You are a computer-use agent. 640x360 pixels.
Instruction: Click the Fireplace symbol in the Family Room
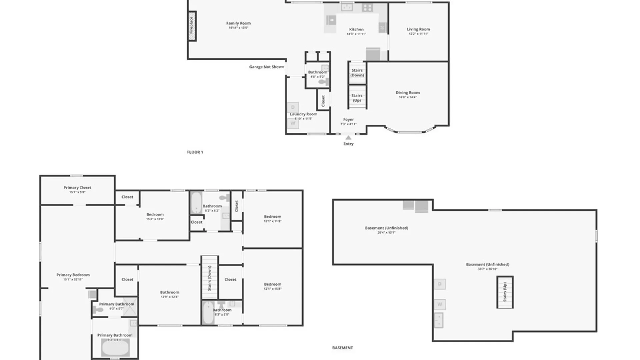click(x=192, y=26)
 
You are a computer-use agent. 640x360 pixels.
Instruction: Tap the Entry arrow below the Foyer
click(x=348, y=138)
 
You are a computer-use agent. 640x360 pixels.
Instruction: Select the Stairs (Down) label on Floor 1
click(x=357, y=73)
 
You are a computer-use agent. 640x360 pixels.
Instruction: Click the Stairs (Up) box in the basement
click(x=505, y=292)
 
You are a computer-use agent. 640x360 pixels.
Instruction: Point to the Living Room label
click(x=418, y=29)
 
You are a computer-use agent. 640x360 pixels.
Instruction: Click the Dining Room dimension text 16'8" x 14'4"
click(x=408, y=97)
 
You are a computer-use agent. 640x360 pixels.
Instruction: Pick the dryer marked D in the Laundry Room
click(x=293, y=107)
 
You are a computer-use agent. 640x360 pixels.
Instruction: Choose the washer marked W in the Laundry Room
click(x=293, y=123)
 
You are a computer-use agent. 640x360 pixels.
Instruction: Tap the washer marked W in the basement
click(x=440, y=304)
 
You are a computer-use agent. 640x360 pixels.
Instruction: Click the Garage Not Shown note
click(x=267, y=67)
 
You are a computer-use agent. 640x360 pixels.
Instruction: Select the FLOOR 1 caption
click(x=195, y=152)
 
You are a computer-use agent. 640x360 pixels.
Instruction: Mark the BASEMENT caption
click(x=342, y=348)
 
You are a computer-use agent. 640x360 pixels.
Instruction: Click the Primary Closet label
click(x=77, y=188)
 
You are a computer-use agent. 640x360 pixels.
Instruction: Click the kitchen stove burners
click(x=367, y=8)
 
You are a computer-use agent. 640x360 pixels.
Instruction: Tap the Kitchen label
click(x=356, y=29)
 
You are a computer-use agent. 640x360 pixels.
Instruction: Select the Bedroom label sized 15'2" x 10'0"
click(x=155, y=215)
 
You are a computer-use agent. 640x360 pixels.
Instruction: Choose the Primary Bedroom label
click(x=73, y=275)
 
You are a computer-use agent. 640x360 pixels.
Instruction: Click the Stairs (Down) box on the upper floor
click(x=210, y=278)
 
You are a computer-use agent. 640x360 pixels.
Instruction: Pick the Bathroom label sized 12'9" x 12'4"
click(x=170, y=292)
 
